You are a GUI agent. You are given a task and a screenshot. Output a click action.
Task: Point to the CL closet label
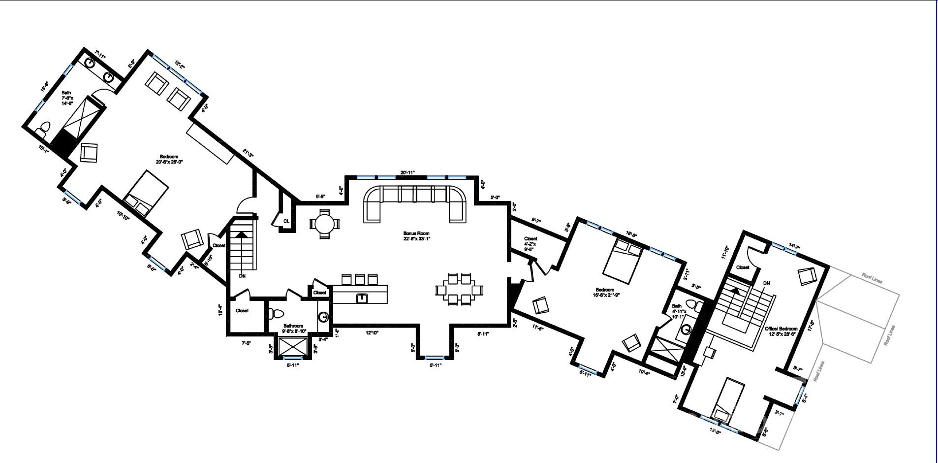point(286,221)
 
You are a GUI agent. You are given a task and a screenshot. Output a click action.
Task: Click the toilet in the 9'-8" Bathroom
point(277,313)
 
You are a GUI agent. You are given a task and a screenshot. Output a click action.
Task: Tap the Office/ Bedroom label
point(781,331)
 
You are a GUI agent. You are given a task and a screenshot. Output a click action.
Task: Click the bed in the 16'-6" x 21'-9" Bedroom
point(622,261)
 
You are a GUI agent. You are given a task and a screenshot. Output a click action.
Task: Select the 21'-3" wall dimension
point(248,153)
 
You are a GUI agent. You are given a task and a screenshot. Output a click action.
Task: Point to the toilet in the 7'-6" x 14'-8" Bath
point(42,129)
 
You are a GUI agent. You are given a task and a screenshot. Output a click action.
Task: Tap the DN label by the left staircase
point(242,276)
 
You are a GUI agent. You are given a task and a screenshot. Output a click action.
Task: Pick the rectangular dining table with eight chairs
point(459,290)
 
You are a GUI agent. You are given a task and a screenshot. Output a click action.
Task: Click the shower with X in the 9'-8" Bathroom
point(293,347)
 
